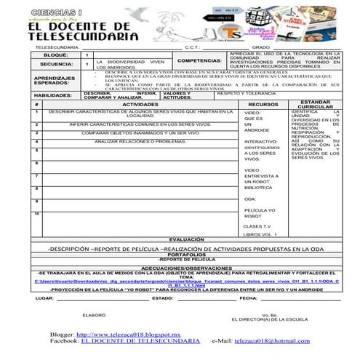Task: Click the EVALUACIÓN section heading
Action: coord(186,239)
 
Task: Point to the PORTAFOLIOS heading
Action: coord(186,254)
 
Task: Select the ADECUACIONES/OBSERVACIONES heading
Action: coord(186,267)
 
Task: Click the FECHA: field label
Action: coord(249,298)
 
